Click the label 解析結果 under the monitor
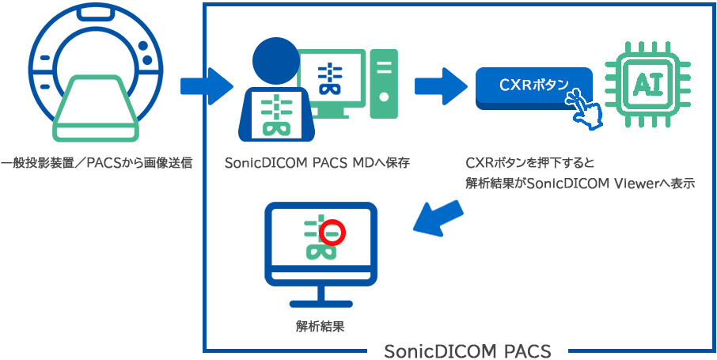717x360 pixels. coord(319,325)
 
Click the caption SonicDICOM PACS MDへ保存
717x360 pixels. coord(316,164)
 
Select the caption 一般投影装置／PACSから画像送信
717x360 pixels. coord(97,164)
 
